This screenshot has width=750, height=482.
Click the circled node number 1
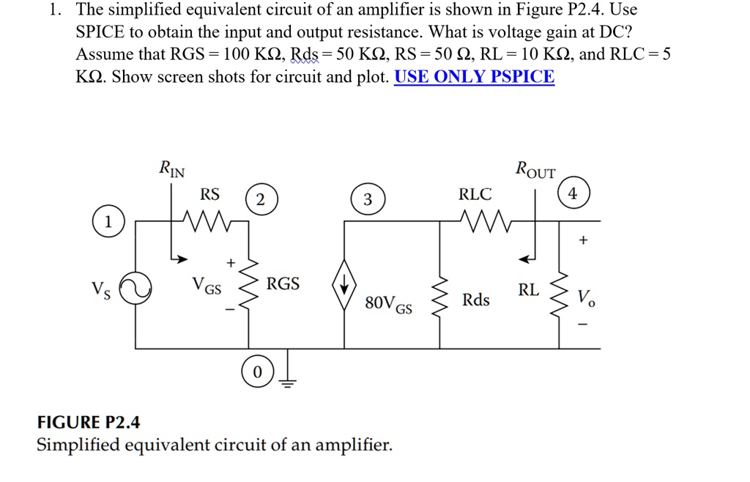108,222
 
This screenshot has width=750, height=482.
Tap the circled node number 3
368,199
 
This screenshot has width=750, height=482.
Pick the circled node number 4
573,194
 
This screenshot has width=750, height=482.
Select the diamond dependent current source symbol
345,284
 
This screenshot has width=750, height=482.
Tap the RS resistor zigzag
209,219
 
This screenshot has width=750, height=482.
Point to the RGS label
283,283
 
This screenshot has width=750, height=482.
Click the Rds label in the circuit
476,300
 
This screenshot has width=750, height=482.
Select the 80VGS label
388,303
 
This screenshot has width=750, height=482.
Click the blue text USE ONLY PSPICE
474,76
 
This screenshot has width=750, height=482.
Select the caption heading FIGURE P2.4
89,423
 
